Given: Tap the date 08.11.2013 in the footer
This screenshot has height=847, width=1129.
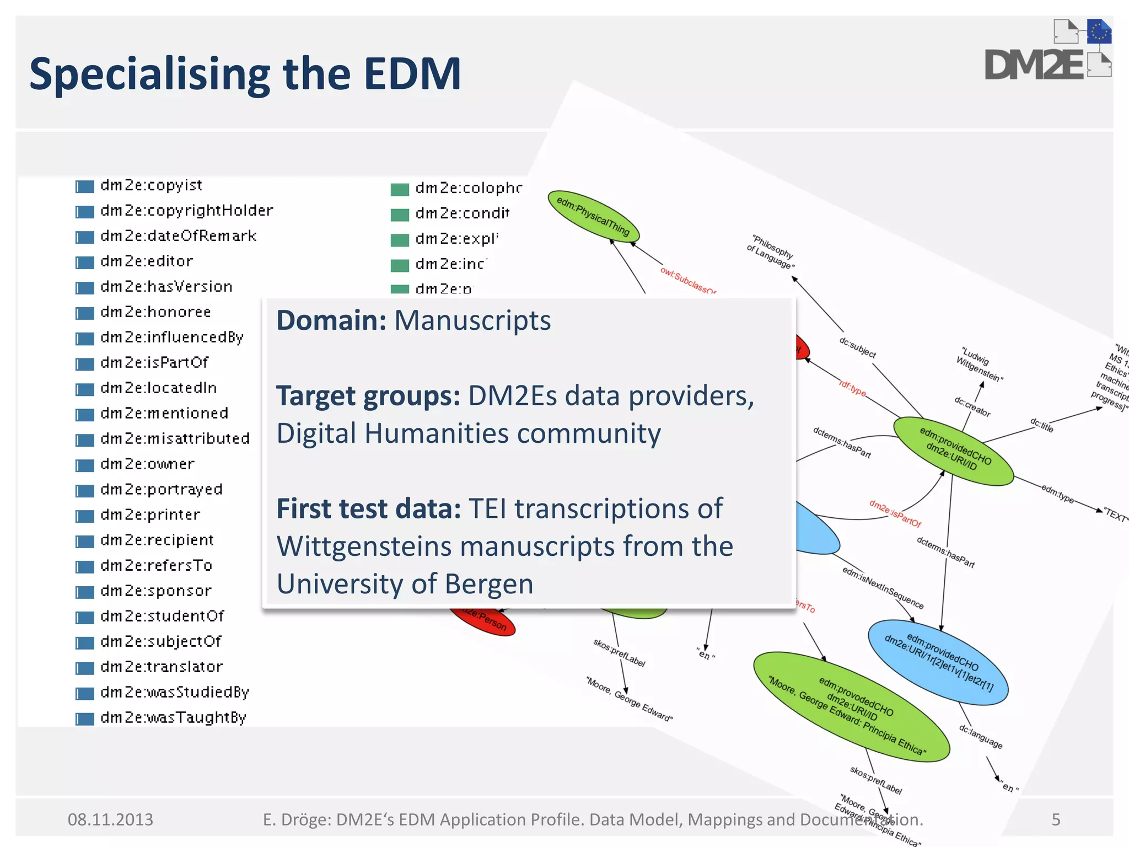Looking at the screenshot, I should [x=110, y=819].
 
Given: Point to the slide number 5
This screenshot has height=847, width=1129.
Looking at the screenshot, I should [x=1056, y=819].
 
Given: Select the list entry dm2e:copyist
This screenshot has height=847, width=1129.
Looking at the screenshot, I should [x=151, y=185].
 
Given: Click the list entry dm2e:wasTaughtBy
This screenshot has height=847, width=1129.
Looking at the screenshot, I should [x=173, y=717].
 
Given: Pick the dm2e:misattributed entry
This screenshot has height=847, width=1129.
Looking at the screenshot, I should [x=175, y=439].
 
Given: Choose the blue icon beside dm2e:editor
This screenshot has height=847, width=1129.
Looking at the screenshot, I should [x=85, y=262].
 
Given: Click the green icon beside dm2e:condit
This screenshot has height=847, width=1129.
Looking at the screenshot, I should [x=400, y=215].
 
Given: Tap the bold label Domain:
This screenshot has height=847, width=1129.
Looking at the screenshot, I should [x=331, y=320].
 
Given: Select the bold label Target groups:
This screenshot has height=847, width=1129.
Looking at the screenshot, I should [x=368, y=396].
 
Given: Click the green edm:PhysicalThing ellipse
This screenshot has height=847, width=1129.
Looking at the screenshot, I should [x=593, y=216].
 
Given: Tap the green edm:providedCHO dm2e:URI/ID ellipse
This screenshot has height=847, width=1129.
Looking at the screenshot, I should [x=953, y=452].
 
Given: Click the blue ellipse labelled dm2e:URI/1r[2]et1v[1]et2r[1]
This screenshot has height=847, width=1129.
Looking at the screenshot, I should [x=938, y=662].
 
